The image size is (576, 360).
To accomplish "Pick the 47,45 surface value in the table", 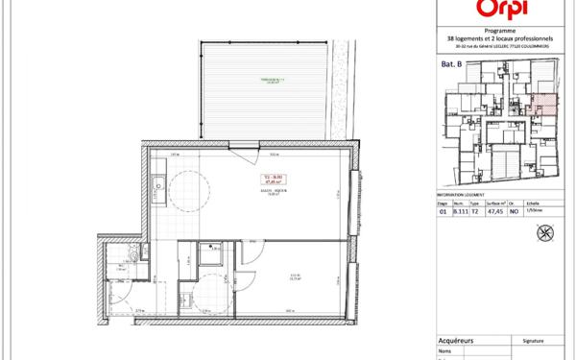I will coord(493,213).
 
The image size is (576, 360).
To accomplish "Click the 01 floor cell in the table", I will coord(443,213).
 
